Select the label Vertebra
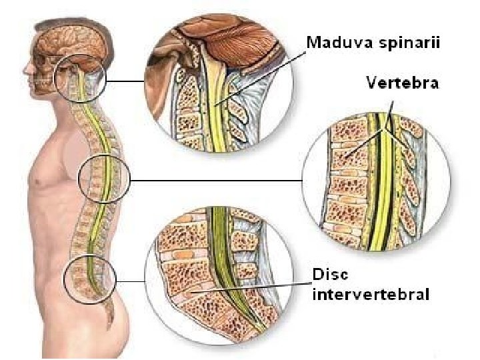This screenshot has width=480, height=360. (x=402, y=83)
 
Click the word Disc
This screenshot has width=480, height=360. (x=329, y=275)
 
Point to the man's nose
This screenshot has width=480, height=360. (x=26, y=69)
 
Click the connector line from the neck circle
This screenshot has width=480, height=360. (x=126, y=81)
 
